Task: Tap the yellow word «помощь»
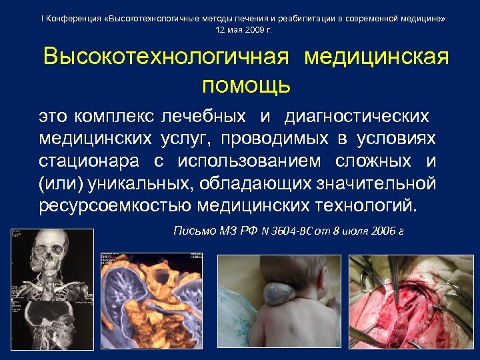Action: coord(246,85)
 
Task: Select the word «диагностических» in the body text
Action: coord(356,117)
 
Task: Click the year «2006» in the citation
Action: coord(378,231)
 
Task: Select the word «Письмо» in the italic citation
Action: coord(194,231)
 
